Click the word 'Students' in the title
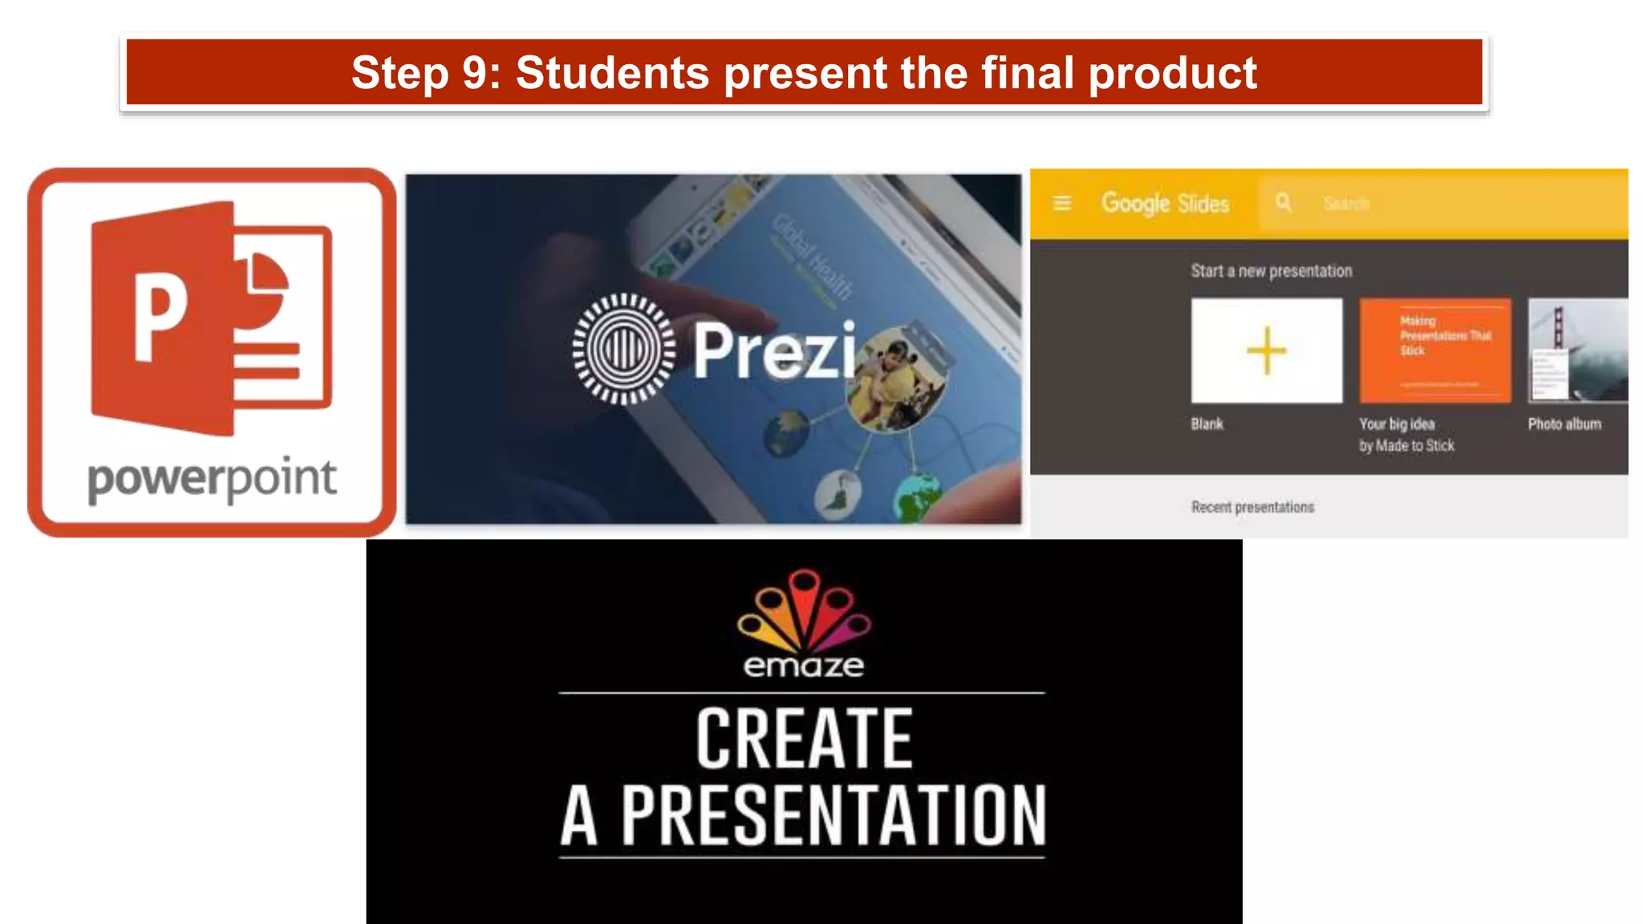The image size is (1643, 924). pyautogui.click(x=612, y=73)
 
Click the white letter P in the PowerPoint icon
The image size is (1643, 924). pyautogui.click(x=160, y=317)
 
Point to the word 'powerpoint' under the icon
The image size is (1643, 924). pyautogui.click(x=212, y=480)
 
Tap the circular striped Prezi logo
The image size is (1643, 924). pyautogui.click(x=623, y=349)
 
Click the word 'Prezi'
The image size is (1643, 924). pyautogui.click(x=774, y=351)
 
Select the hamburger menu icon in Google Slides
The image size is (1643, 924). pyautogui.click(x=1061, y=204)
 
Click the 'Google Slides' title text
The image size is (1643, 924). pyautogui.click(x=1165, y=204)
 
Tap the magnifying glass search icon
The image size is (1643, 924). pyautogui.click(x=1284, y=203)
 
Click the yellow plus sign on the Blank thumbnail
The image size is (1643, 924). pyautogui.click(x=1266, y=351)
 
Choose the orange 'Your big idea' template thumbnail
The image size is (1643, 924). pyautogui.click(x=1434, y=351)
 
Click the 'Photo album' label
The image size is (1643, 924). pyautogui.click(x=1564, y=424)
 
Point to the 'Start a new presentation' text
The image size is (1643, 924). pyautogui.click(x=1271, y=271)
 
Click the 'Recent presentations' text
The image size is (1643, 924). pyautogui.click(x=1252, y=507)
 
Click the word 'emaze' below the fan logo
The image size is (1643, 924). pyautogui.click(x=804, y=666)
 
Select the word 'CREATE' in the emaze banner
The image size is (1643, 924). pyautogui.click(x=804, y=739)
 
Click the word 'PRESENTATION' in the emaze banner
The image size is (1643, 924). pyautogui.click(x=834, y=816)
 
